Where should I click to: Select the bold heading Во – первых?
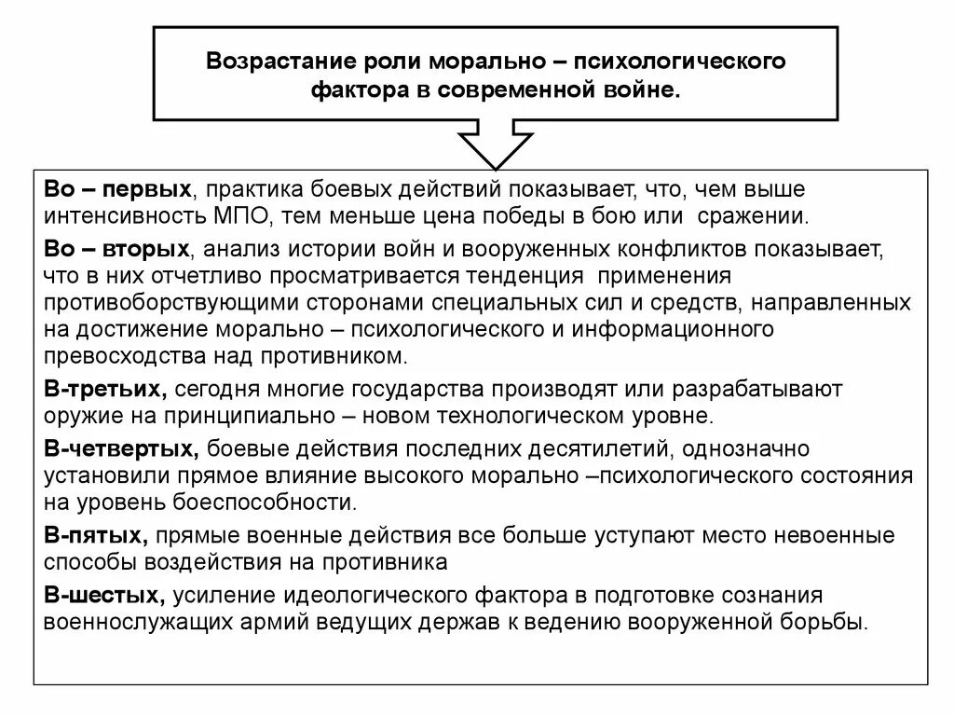tap(117, 190)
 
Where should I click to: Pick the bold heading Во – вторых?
tap(116, 248)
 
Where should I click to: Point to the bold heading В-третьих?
tap(104, 388)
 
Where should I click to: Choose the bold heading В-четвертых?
tap(120, 450)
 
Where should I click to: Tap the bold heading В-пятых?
tap(97, 535)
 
